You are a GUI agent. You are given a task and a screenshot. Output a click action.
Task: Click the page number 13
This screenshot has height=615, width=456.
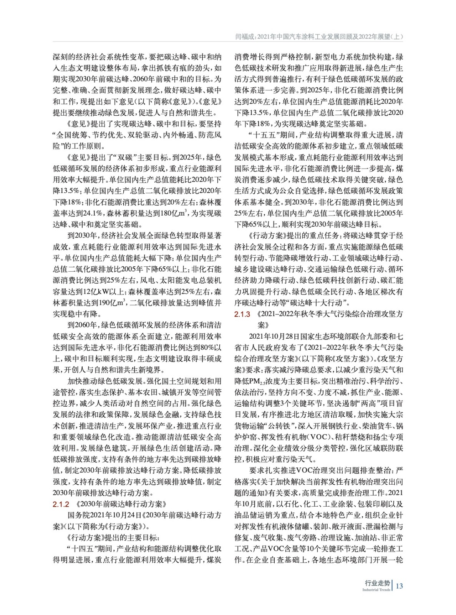(399, 586)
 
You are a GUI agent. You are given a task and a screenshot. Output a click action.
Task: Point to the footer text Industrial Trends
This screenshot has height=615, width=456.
(376, 590)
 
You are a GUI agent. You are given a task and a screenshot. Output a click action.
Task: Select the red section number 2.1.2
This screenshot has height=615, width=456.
(61, 504)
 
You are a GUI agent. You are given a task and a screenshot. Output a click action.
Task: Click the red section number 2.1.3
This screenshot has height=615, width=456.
(242, 314)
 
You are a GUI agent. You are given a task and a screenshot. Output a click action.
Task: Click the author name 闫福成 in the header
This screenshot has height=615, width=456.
(244, 37)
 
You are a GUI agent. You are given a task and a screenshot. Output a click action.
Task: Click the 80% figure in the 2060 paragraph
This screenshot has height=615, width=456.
(201, 347)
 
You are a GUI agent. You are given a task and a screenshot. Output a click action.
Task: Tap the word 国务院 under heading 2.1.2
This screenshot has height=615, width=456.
(79, 515)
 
